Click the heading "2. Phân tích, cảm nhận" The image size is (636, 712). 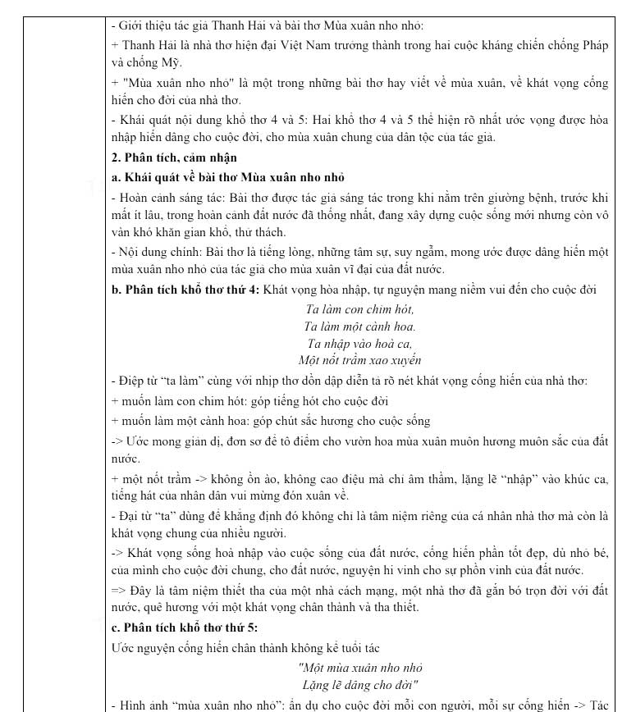(174, 157)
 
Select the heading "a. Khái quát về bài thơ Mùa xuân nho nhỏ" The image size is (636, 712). (227, 177)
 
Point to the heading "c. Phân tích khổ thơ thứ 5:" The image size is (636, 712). (185, 628)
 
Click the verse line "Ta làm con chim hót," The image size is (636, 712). (359, 309)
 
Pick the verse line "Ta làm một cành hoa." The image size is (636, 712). (359, 326)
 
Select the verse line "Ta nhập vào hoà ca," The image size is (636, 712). (359, 344)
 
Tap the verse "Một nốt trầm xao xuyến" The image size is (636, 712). (359, 360)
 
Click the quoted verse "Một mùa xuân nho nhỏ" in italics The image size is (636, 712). (360, 668)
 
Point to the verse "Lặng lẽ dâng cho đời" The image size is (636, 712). (360, 685)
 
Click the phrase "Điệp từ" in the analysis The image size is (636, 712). (140, 381)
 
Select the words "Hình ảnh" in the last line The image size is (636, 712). (142, 705)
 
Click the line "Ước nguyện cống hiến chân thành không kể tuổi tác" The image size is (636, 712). (245, 648)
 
